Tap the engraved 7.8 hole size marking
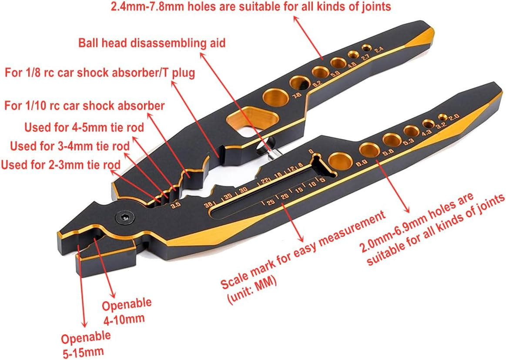(x=298, y=95)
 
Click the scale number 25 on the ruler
(x=270, y=202)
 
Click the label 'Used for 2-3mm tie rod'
(x=60, y=165)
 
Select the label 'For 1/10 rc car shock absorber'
(x=84, y=106)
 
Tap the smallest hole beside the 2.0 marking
(x=443, y=118)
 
